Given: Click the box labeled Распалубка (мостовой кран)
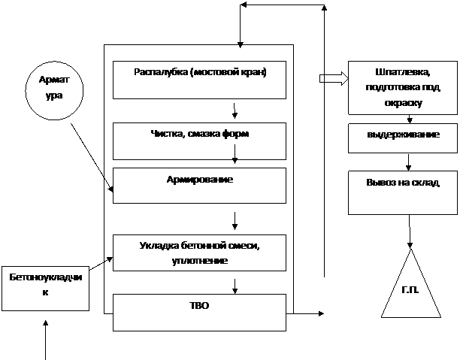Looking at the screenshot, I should [x=199, y=79].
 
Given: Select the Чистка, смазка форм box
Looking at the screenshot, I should [x=199, y=140].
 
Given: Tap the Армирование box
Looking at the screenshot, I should [x=199, y=185].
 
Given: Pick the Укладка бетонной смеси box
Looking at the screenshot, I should [x=199, y=253].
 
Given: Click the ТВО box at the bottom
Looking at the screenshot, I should [x=199, y=311].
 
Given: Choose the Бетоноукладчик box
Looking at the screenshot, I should [x=45, y=286].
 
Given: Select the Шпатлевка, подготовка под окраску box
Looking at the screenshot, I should [x=401, y=88].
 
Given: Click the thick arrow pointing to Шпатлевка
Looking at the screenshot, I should [x=331, y=78].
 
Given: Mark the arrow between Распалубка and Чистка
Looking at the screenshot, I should [x=236, y=110].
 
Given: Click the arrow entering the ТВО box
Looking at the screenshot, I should [x=236, y=286].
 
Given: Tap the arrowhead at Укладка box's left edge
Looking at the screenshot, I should [x=110, y=260].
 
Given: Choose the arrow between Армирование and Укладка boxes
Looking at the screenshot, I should [x=236, y=221].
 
